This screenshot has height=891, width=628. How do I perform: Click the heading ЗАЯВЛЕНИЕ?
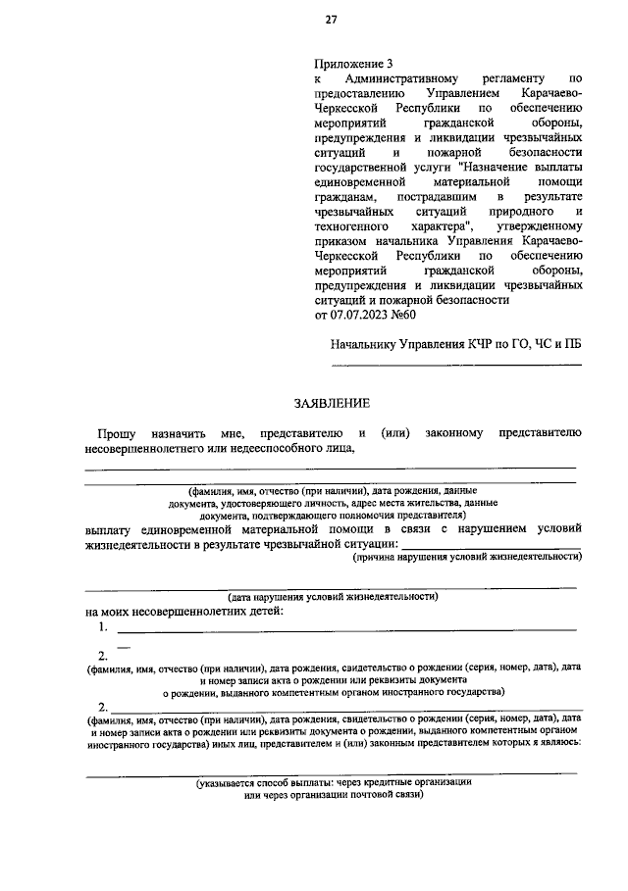pos(333,403)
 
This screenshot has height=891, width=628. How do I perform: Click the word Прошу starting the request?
pos(116,432)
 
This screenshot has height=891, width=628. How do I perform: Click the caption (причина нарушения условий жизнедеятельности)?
pos(466,557)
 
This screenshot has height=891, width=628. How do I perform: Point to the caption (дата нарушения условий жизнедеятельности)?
pos(333,596)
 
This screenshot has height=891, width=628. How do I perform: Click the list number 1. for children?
pos(102,627)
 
